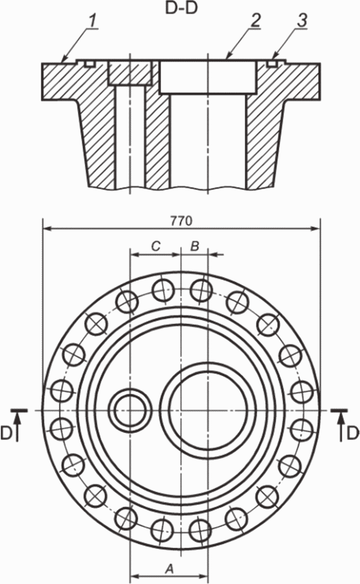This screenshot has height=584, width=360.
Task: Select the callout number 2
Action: coord(255,21)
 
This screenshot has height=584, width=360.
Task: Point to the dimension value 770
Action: coord(181,221)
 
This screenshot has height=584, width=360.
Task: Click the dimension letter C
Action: coord(156,246)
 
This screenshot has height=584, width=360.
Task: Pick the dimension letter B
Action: coord(195,246)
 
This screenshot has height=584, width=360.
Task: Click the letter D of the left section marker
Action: coord(6,433)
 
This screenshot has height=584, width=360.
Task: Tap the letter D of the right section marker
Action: coord(354,433)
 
